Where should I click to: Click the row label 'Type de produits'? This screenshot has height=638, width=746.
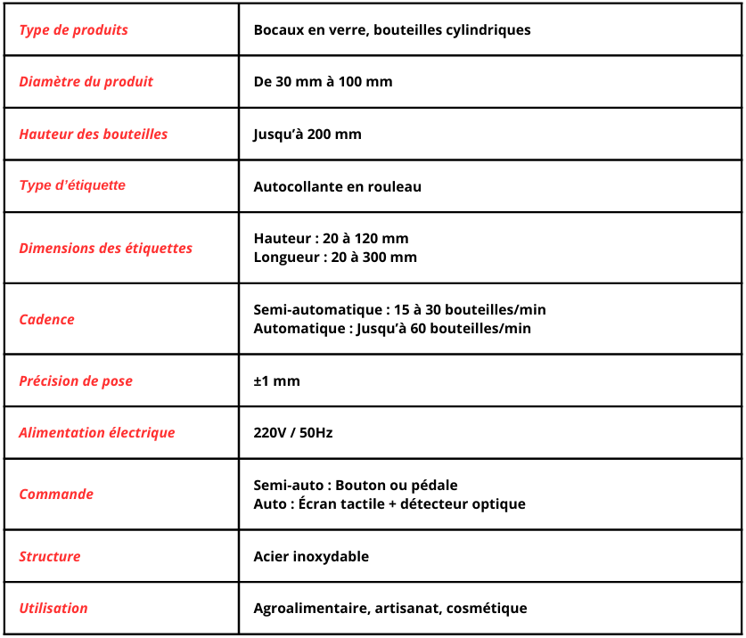[73, 30]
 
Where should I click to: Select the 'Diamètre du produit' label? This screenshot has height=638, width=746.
[86, 82]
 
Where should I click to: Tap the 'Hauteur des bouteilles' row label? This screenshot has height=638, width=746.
[93, 135]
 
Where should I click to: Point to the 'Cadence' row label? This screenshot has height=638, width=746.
[46, 320]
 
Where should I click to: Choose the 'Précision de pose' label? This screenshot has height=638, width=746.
[76, 381]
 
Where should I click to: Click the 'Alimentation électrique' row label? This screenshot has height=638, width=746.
[96, 433]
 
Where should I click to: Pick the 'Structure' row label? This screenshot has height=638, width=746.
[50, 557]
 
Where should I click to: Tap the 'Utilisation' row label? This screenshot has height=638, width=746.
[53, 609]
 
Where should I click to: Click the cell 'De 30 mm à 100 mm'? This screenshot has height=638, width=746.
[323, 82]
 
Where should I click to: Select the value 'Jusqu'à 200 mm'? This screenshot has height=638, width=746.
[307, 135]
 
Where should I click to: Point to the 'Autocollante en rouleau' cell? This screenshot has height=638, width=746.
[337, 187]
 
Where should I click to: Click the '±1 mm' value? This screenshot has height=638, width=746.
[276, 381]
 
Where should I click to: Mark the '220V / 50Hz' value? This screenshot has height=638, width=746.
[293, 433]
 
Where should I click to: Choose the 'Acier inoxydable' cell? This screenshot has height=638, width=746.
[311, 557]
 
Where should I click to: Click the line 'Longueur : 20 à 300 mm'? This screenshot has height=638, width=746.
[335, 258]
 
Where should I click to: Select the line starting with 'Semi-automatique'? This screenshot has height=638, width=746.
[399, 310]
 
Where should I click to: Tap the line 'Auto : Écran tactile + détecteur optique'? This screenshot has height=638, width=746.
[389, 504]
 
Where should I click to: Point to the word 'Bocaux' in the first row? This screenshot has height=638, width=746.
[277, 30]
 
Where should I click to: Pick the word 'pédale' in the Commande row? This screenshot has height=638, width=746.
[435, 486]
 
